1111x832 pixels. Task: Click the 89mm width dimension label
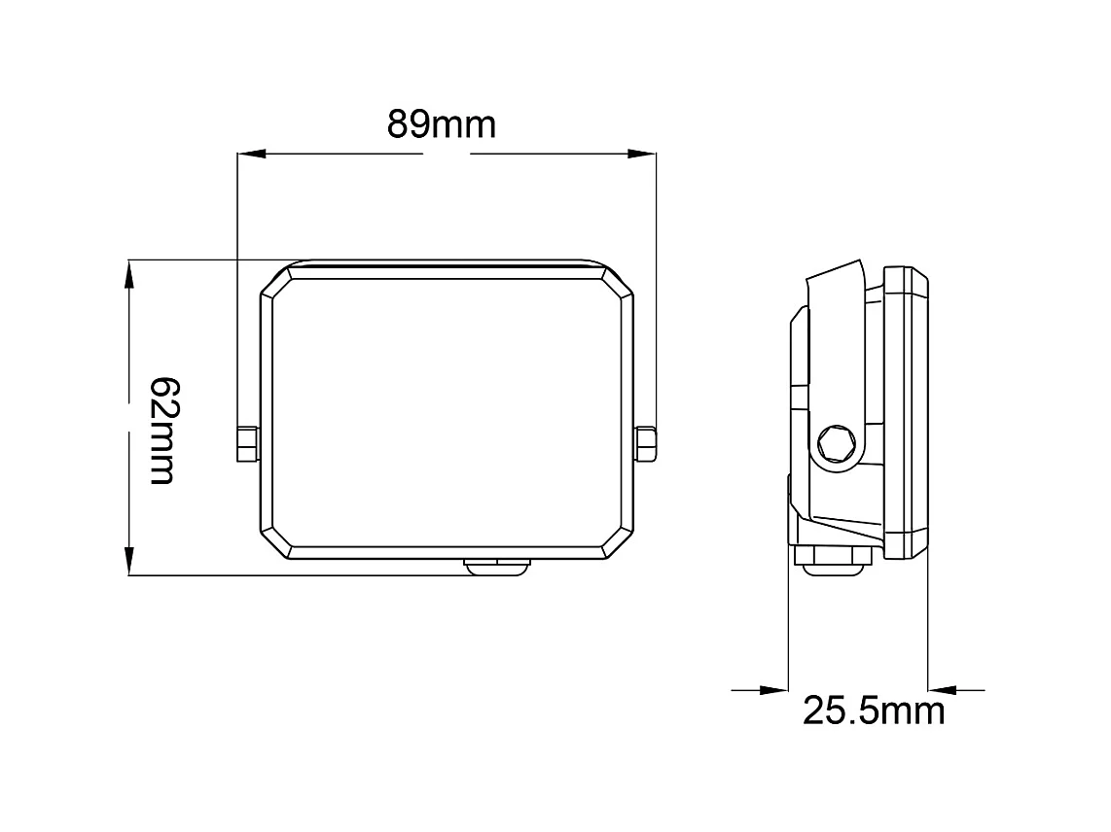[x=442, y=125]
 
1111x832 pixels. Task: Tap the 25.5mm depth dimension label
[x=873, y=711]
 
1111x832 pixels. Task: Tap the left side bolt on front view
[x=247, y=443]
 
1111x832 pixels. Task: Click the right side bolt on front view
[x=646, y=443]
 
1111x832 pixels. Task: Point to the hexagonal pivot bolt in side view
[x=836, y=445]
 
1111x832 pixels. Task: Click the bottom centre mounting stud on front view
[x=499, y=566]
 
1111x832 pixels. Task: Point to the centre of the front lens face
[x=447, y=412]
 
